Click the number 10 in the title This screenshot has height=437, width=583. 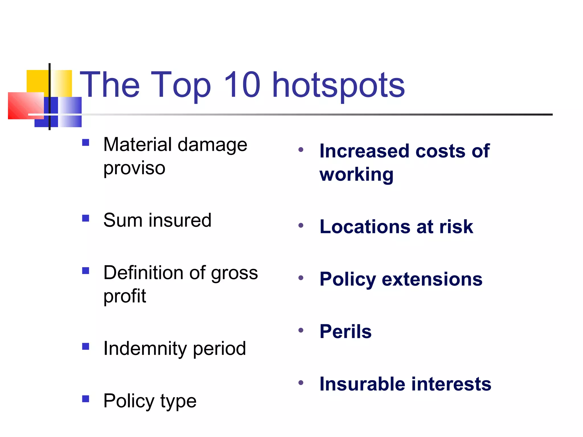242,84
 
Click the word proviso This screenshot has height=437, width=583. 134,168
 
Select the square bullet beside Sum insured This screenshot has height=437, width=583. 86,218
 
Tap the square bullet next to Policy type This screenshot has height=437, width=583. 86,399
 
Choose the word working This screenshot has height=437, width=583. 356,174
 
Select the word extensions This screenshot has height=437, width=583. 432,279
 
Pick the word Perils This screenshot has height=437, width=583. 346,331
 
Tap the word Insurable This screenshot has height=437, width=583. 362,384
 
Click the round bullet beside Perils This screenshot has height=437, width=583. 301,330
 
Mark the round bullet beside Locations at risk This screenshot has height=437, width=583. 301,226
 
